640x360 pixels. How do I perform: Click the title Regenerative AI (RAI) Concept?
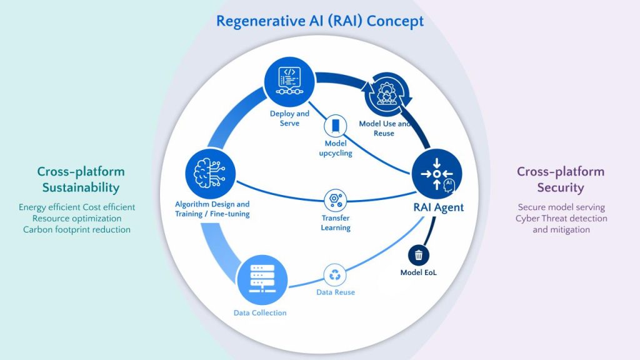tap(320, 21)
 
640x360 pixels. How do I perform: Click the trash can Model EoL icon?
tap(419, 254)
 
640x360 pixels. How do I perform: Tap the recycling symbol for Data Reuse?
tap(336, 274)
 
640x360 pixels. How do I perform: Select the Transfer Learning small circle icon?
tap(336, 201)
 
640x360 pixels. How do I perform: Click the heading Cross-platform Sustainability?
tap(81, 179)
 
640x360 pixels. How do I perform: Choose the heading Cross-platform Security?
tap(561, 179)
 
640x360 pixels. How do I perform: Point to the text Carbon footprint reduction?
tap(77, 229)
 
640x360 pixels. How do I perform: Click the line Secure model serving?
tap(561, 207)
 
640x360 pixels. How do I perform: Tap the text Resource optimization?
tap(77, 218)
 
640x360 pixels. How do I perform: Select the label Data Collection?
tap(260, 312)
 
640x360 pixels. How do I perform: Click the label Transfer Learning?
tap(336, 223)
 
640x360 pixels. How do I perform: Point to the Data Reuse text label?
tap(336, 292)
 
